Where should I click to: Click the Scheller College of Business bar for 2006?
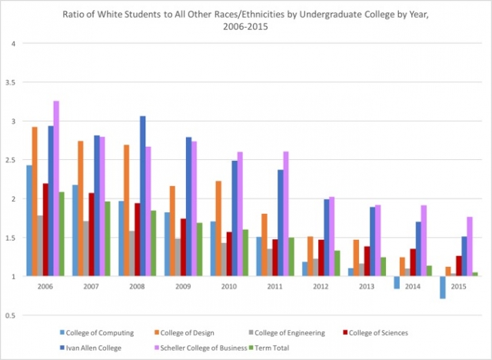click(x=56, y=188)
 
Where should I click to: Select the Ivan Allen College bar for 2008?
click(x=142, y=195)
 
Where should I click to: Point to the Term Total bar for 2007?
click(x=107, y=238)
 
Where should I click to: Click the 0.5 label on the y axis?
click(x=11, y=315)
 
